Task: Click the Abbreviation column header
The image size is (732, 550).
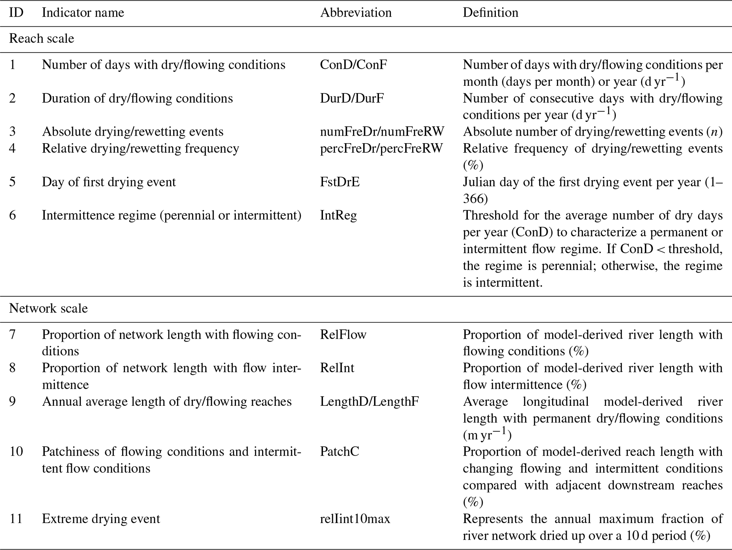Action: pyautogui.click(x=356, y=13)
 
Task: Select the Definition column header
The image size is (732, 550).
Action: pyautogui.click(x=490, y=13)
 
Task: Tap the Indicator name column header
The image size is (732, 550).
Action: pyautogui.click(x=83, y=13)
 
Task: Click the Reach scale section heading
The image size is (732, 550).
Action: pyautogui.click(x=41, y=39)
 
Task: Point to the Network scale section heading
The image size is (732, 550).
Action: pyautogui.click(x=48, y=309)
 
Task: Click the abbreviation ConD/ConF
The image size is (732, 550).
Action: pyautogui.click(x=353, y=65)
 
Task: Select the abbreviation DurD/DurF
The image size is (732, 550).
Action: pyautogui.click(x=352, y=98)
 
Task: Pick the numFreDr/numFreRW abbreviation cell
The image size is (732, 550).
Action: pyautogui.click(x=382, y=132)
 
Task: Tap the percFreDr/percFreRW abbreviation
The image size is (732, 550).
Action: pyautogui.click(x=381, y=148)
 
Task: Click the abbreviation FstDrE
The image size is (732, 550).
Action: pyautogui.click(x=340, y=182)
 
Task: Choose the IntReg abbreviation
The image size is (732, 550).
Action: pyautogui.click(x=338, y=215)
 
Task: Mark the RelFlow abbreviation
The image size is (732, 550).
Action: pyautogui.click(x=343, y=335)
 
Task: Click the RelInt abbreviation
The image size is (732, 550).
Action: pyautogui.click(x=337, y=368)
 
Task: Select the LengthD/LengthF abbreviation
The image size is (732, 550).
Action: pyautogui.click(x=369, y=402)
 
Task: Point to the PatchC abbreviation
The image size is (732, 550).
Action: pyautogui.click(x=339, y=452)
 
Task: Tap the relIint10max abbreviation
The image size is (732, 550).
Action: pyautogui.click(x=355, y=519)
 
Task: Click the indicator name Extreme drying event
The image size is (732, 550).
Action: pyautogui.click(x=101, y=519)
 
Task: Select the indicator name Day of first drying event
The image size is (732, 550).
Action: pyautogui.click(x=109, y=182)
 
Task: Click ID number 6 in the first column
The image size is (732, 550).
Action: pyautogui.click(x=12, y=215)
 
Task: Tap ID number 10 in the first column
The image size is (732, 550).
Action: pyautogui.click(x=16, y=452)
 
